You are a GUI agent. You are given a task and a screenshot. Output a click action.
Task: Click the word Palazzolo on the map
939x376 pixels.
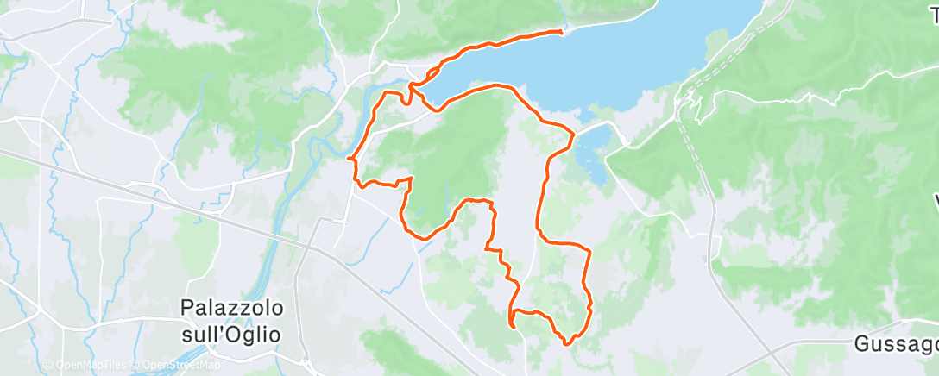tap(232, 307)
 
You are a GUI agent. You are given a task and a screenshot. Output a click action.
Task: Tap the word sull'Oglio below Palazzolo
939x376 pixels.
tap(232, 333)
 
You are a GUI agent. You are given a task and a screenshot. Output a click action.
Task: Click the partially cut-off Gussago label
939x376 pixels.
tap(896, 343)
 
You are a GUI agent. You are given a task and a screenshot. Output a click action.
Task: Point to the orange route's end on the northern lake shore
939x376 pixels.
tap(562, 32)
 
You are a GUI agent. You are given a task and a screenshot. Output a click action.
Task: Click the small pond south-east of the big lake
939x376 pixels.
tap(589, 156)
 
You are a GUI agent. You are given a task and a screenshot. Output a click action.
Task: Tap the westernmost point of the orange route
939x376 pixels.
tap(348, 159)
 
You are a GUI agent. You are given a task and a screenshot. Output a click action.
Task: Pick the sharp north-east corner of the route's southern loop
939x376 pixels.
tap(588, 251)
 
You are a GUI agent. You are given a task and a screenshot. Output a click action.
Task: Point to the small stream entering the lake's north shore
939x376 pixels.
tap(564, 17)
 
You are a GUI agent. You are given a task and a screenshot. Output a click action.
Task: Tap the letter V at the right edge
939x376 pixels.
tap(936, 203)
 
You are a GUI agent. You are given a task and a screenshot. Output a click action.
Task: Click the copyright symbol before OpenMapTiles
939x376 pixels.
tap(48, 365)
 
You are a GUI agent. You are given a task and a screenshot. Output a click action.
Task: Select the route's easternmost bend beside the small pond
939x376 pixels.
tap(573, 135)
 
